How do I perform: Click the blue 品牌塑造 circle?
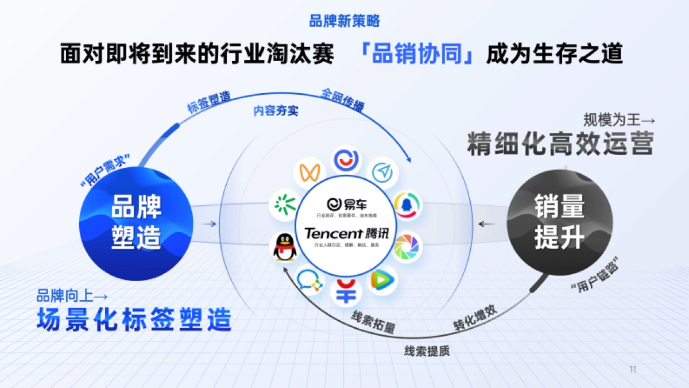[x=136, y=223]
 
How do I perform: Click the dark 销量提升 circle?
[x=559, y=222]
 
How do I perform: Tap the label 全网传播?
[x=342, y=99]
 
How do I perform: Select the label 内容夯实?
[x=276, y=111]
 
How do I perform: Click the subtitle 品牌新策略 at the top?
[x=344, y=22]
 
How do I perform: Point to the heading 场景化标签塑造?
[x=134, y=319]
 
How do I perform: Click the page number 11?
[x=633, y=370]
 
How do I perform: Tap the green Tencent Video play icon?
[x=379, y=280]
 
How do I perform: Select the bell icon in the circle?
[x=407, y=205]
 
